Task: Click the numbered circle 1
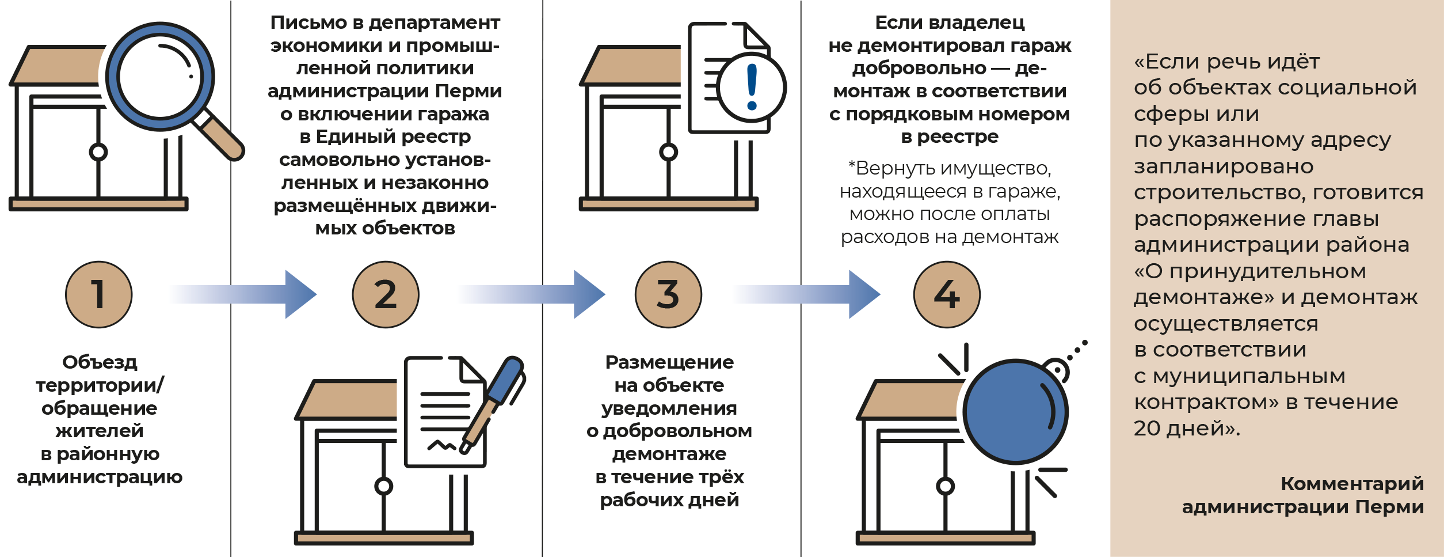(x=98, y=294)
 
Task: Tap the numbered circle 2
(x=386, y=294)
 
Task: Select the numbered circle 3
(x=668, y=294)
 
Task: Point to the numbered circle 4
(x=947, y=294)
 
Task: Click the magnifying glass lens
(x=160, y=77)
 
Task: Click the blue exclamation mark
(x=752, y=87)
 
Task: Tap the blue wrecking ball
(x=1015, y=412)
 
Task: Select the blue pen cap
(x=505, y=380)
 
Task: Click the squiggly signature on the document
(x=441, y=445)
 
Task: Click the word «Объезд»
(x=100, y=362)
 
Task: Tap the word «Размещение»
(x=669, y=362)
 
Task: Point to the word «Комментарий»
(x=1352, y=484)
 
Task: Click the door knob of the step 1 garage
(x=98, y=152)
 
